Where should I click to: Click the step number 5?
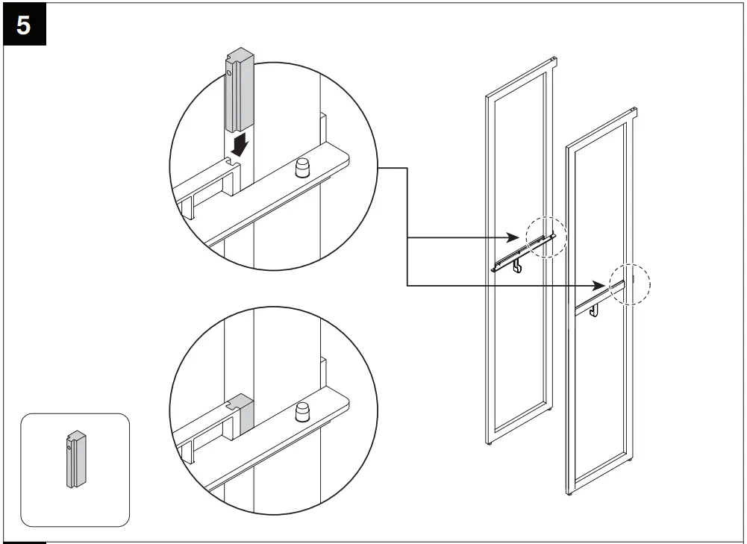point(24,25)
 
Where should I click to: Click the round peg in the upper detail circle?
point(304,169)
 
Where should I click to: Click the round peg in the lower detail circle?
point(304,410)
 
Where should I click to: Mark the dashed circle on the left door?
point(546,238)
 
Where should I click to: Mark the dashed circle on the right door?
point(630,284)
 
